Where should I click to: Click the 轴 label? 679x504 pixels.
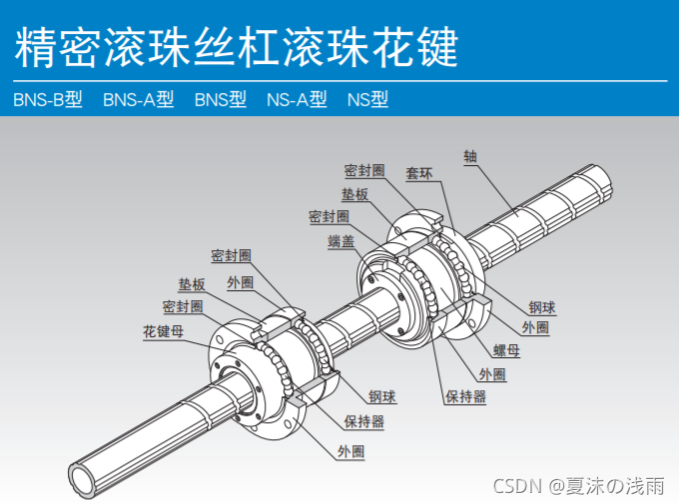469,156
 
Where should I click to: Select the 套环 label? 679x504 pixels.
418,173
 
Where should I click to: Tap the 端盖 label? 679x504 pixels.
340,242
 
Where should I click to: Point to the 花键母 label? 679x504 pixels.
163,331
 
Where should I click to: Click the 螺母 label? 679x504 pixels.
506,350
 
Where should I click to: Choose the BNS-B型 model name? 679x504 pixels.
47,100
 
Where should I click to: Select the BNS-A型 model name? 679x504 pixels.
138,100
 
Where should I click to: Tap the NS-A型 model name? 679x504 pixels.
297,100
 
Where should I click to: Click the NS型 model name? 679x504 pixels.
367,100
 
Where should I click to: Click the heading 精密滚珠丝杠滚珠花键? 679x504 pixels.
238,45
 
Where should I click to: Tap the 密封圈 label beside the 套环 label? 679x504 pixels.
364,170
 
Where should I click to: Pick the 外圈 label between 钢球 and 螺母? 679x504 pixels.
534,327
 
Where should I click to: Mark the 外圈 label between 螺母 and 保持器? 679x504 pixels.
492,374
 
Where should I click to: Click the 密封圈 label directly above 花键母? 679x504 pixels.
183,306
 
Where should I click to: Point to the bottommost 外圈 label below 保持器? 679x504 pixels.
350,452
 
